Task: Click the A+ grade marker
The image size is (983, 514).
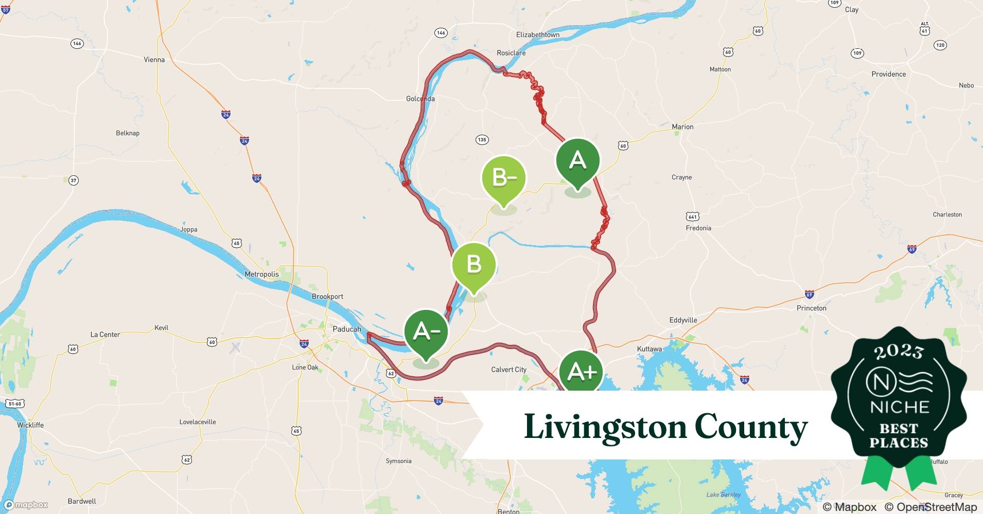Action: coord(582,372)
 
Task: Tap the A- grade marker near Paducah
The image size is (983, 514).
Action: coord(426,332)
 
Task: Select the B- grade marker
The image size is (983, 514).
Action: coord(503,178)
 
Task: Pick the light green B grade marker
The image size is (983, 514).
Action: coord(473,265)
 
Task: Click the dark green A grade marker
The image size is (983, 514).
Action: coord(577,161)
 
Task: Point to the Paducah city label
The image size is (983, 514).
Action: coord(347,329)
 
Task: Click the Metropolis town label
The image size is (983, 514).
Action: coord(261,274)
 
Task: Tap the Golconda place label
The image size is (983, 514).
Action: coord(420,99)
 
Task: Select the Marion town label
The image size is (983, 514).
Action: coord(682,126)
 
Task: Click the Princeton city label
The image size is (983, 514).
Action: coord(811,308)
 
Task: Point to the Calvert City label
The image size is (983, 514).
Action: coord(508,369)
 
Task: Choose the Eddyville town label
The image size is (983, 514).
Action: coord(683,320)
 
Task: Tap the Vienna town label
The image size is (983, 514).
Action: coord(154,60)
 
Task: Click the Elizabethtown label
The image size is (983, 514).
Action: coord(537,34)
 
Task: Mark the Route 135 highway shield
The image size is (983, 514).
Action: coord(482,139)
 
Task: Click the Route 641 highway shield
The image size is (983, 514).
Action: coord(692,216)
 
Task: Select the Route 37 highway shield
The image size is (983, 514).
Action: coord(74,180)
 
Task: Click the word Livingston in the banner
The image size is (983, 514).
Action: coord(605,427)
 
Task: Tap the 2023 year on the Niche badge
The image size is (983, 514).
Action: coord(899,352)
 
